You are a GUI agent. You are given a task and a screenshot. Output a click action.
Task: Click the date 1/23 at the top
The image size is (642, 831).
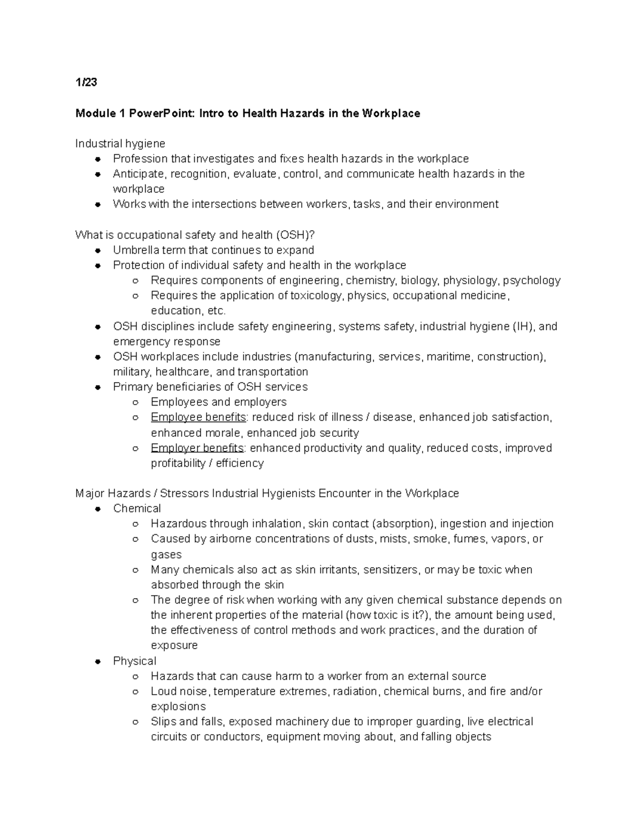point(86,82)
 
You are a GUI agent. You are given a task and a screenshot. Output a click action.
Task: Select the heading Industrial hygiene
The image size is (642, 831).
point(120,143)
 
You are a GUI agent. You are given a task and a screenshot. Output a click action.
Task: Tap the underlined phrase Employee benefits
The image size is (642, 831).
point(198,417)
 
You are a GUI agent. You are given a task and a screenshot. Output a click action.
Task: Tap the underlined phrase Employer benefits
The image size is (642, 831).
point(197,448)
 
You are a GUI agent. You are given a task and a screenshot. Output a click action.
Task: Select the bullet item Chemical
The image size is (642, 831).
point(137,508)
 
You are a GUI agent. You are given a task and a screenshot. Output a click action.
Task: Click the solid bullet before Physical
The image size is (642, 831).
point(98,661)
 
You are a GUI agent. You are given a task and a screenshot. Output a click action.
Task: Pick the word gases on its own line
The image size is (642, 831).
point(166,554)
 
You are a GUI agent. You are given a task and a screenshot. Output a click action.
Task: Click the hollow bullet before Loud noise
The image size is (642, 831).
point(136,692)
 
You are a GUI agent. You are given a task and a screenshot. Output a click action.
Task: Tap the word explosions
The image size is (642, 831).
point(178,706)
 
